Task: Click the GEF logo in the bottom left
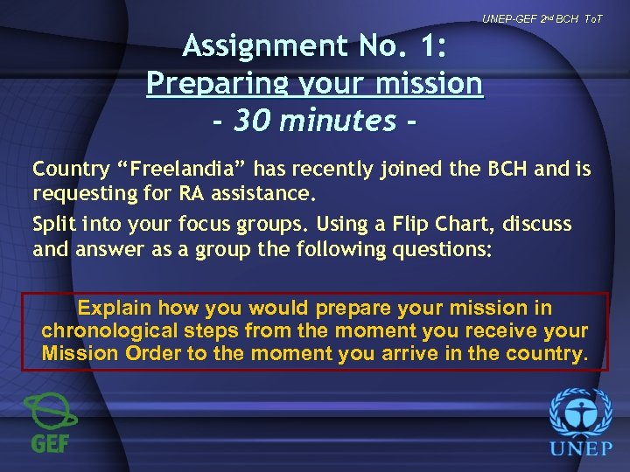50,422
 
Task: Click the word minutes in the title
337,121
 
